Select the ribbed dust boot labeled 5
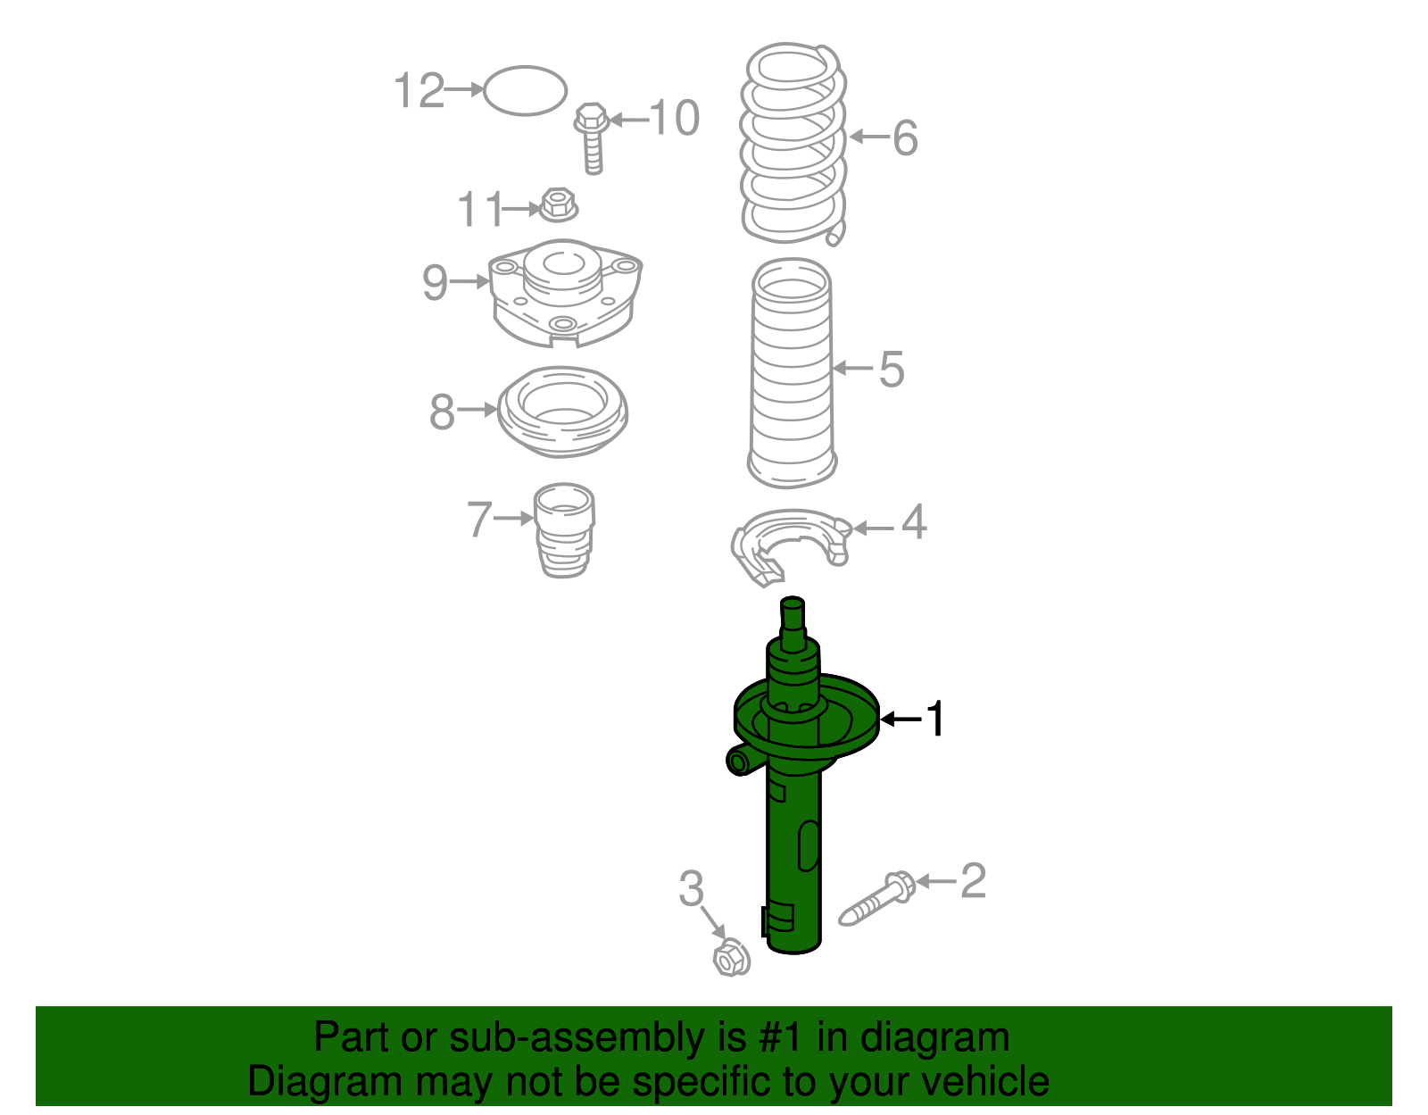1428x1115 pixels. (x=792, y=372)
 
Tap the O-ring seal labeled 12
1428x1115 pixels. (x=525, y=67)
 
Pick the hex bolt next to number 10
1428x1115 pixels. (x=592, y=138)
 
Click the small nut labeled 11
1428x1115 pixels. (x=559, y=204)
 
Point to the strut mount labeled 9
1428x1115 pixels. (x=565, y=293)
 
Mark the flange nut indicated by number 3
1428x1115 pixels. (x=732, y=960)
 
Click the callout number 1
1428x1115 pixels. (x=934, y=719)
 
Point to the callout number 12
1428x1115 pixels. (x=419, y=90)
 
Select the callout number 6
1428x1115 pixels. (x=905, y=138)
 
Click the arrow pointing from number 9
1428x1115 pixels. (x=469, y=282)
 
